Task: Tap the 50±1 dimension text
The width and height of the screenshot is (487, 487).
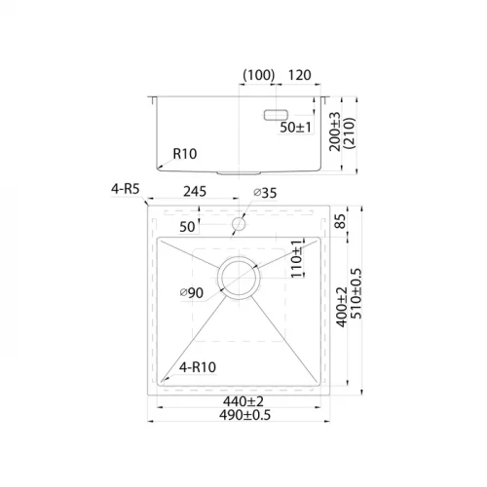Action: (296, 128)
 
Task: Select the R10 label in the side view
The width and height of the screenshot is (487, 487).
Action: (186, 153)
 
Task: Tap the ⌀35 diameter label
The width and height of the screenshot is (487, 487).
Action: (264, 193)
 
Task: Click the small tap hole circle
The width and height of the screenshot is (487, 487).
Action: (238, 225)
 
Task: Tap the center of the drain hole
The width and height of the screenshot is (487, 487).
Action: (238, 277)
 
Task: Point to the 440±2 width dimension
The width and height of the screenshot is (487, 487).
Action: (237, 400)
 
